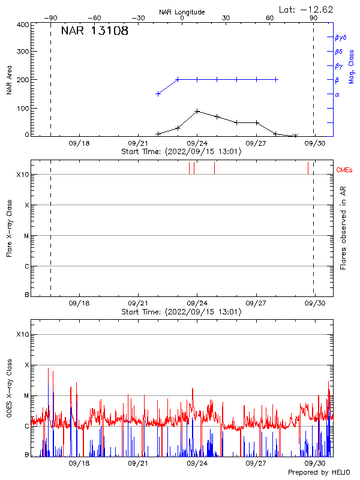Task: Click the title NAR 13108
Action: pos(94,31)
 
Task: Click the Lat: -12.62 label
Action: pos(307,9)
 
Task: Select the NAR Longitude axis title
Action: pos(182,12)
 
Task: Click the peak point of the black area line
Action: pos(197,111)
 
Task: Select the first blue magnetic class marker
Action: pos(158,94)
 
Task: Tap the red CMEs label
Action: pos(344,171)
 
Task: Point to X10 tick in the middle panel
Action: pos(23,175)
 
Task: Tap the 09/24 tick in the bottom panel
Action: pos(197,464)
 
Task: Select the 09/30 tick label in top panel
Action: pos(315,143)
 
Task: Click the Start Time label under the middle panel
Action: pos(181,312)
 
